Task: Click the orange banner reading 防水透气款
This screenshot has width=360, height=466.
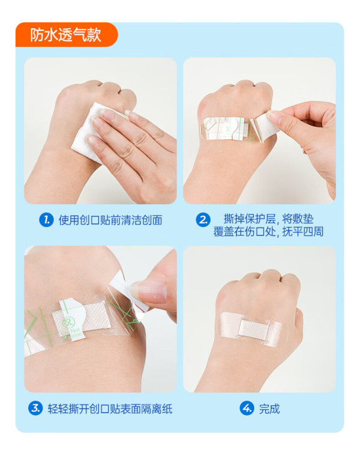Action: (x=67, y=34)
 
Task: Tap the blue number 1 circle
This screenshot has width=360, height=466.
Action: (x=46, y=220)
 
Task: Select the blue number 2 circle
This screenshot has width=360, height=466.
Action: (x=203, y=220)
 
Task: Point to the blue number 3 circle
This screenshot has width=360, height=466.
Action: (x=35, y=408)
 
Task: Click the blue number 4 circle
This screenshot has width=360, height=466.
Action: (x=247, y=408)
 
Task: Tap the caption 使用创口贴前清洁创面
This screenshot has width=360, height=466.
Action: (x=110, y=220)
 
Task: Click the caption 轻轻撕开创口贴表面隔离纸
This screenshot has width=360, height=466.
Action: (x=110, y=409)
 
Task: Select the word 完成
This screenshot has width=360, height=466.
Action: (x=269, y=409)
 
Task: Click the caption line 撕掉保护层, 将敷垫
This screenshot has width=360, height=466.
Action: (x=269, y=219)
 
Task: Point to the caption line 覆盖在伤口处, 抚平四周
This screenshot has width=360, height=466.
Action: (x=269, y=232)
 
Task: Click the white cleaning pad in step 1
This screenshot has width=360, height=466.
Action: (x=89, y=131)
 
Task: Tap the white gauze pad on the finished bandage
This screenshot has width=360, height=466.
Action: (x=254, y=330)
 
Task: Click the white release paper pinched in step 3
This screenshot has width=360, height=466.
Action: (x=128, y=291)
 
